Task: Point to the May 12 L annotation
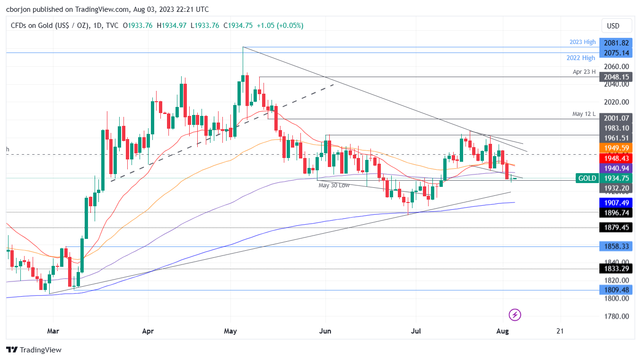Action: (584, 114)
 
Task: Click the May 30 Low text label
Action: (334, 185)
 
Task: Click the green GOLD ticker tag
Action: (587, 178)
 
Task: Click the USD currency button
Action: (613, 26)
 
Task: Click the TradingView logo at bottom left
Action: (34, 350)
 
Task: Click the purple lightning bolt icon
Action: (515, 315)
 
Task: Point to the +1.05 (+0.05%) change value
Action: (280, 26)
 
